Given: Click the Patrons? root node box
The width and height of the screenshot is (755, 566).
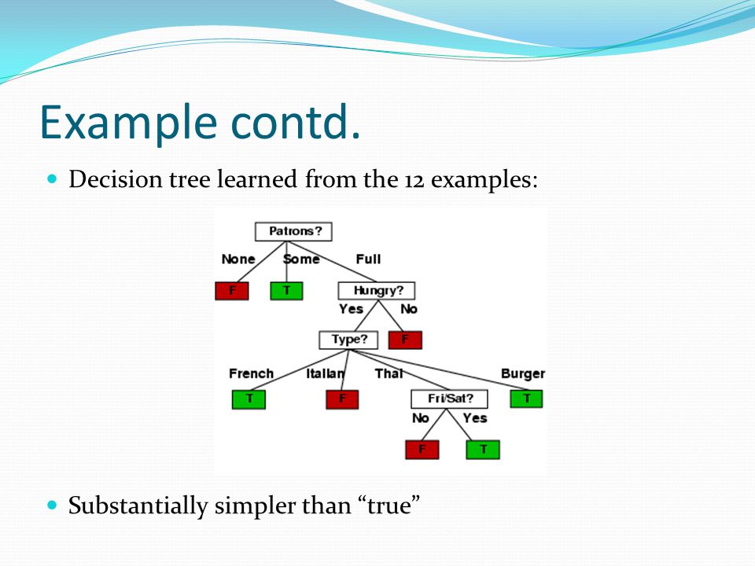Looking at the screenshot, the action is (x=293, y=231).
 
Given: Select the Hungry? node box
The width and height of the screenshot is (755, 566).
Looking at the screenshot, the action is (x=377, y=291).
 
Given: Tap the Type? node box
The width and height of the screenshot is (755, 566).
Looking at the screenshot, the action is (x=348, y=340).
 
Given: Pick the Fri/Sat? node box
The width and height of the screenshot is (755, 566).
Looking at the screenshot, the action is (x=449, y=399).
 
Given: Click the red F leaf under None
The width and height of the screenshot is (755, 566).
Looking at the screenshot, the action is (x=231, y=291).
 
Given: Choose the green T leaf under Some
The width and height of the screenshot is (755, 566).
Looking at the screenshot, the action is (x=286, y=291).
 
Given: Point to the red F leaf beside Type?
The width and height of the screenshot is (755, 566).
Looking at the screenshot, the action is (x=406, y=340).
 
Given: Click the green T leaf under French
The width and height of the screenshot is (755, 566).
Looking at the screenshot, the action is (x=249, y=399).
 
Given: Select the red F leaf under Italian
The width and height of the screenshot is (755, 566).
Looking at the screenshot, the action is (x=342, y=399).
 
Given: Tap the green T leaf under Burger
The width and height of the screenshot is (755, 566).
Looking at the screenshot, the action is (x=526, y=399).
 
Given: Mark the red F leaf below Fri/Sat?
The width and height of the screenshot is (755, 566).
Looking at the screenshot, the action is (x=422, y=450).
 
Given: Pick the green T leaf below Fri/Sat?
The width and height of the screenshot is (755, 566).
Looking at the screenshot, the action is (x=483, y=450).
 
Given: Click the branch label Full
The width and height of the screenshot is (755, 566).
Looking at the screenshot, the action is (x=368, y=259).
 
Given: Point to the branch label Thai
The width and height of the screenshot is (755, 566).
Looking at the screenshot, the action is (x=389, y=373).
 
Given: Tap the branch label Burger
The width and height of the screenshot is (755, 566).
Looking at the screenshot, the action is (x=523, y=374).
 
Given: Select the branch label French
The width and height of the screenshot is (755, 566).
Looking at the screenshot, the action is (x=252, y=373).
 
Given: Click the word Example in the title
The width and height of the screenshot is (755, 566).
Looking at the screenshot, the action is (x=128, y=123).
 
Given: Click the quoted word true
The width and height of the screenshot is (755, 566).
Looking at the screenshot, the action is (x=389, y=505).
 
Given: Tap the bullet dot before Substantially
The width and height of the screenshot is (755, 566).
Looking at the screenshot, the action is (x=53, y=505).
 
